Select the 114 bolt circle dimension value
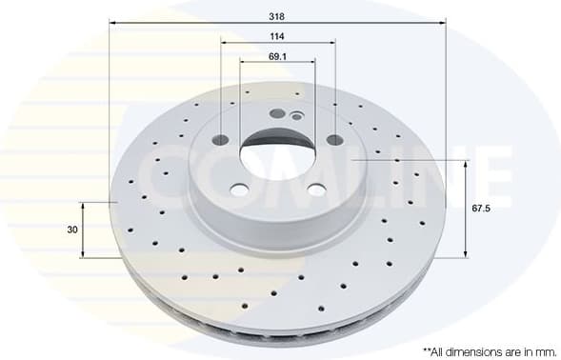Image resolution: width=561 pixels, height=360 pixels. (x=277, y=36)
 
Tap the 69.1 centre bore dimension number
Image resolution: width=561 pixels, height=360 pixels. (x=277, y=57)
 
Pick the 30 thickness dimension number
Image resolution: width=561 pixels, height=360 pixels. (x=72, y=230)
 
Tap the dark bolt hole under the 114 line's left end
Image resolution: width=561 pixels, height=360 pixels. (x=221, y=139)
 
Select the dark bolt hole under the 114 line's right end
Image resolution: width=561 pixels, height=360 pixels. (x=334, y=140)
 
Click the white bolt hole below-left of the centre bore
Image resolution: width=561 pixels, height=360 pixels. (x=239, y=190)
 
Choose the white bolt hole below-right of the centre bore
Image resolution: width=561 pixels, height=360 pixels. (x=316, y=190)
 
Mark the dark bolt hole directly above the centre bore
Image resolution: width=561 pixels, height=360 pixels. (x=277, y=113)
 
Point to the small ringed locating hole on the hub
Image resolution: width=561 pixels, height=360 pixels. (x=296, y=117)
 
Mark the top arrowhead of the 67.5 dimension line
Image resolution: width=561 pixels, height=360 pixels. (x=466, y=163)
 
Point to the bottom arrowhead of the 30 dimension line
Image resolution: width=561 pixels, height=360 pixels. (x=84, y=255)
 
